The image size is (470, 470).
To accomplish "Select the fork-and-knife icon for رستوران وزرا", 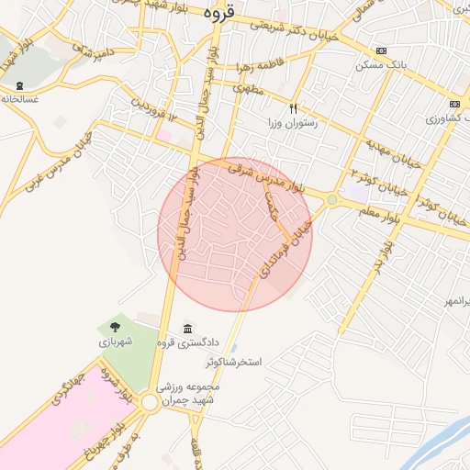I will pyautogui.click(x=294, y=107).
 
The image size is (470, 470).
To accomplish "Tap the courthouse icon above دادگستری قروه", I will pyautogui.click(x=188, y=329).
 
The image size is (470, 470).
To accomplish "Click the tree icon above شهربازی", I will pyautogui.click(x=115, y=326).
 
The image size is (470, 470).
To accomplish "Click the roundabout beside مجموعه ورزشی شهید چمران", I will pyautogui.click(x=149, y=401).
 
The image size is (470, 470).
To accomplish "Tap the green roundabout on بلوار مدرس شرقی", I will pyautogui.click(x=331, y=199).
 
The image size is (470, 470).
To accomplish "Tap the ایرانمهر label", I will pyautogui.click(x=450, y=301).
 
